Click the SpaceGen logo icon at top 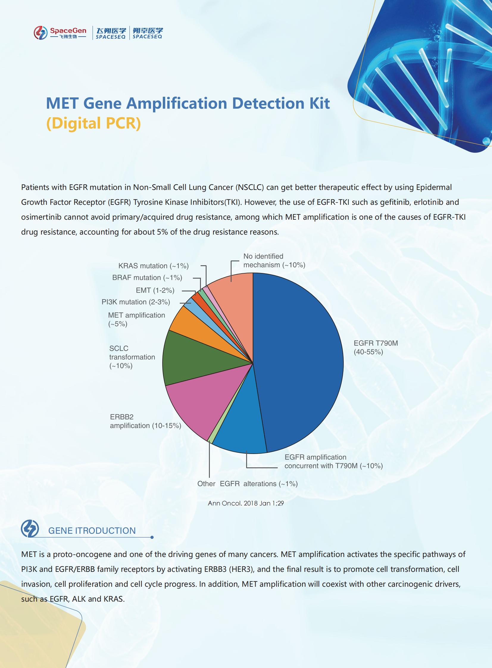(40, 32)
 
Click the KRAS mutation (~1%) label (153, 266)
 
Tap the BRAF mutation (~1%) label (147, 277)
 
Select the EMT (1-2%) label (155, 290)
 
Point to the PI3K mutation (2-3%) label (136, 302)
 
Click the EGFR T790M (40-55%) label (376, 347)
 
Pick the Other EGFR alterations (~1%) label (248, 484)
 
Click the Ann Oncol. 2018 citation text (246, 503)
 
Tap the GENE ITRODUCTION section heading (92, 530)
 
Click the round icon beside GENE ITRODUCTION (30, 529)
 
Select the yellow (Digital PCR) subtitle (93, 123)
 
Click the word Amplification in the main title (177, 103)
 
